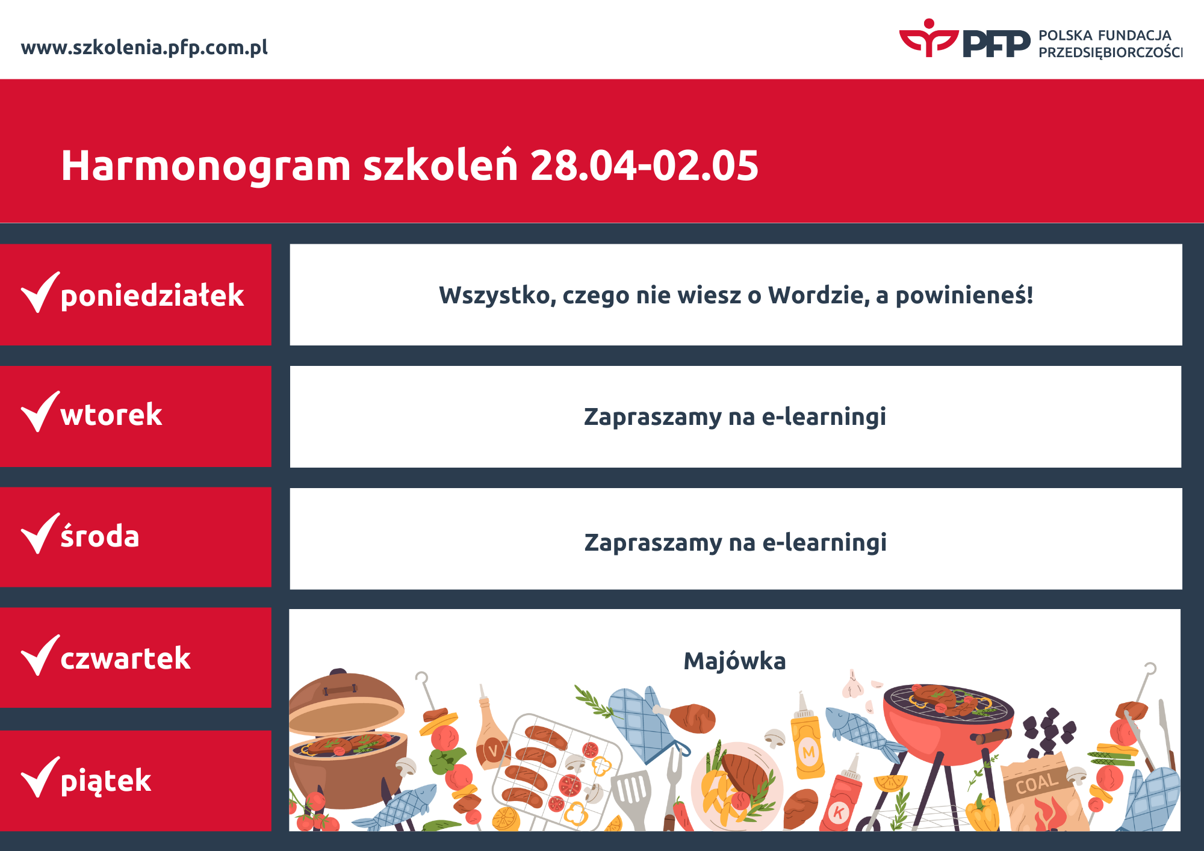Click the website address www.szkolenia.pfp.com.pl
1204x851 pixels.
[144, 48]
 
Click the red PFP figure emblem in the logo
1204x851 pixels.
[929, 38]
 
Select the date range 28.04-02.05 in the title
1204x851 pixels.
[644, 166]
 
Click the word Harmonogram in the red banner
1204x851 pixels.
[206, 166]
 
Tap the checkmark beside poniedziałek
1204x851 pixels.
[40, 292]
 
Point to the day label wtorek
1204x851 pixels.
[111, 415]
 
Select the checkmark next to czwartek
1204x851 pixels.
[40, 655]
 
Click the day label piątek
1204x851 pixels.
[106, 781]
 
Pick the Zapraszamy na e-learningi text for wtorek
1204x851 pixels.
[735, 417]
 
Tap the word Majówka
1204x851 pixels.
[734, 661]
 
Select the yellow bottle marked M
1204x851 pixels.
[807, 740]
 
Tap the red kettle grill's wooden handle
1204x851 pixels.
[990, 735]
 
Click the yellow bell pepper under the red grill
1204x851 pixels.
[982, 812]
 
